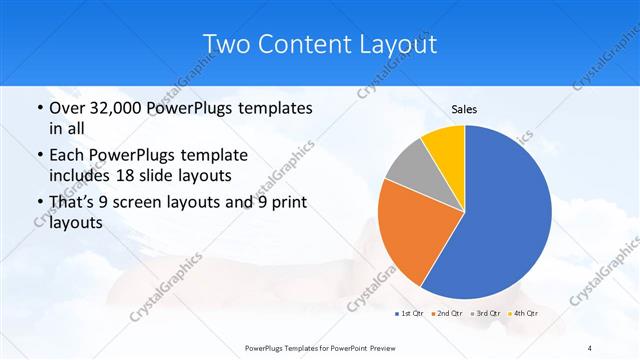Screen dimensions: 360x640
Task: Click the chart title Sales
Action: (464, 108)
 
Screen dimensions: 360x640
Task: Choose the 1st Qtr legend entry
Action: (410, 315)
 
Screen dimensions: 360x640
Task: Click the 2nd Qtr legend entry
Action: (447, 315)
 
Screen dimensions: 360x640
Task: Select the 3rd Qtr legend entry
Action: (484, 315)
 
